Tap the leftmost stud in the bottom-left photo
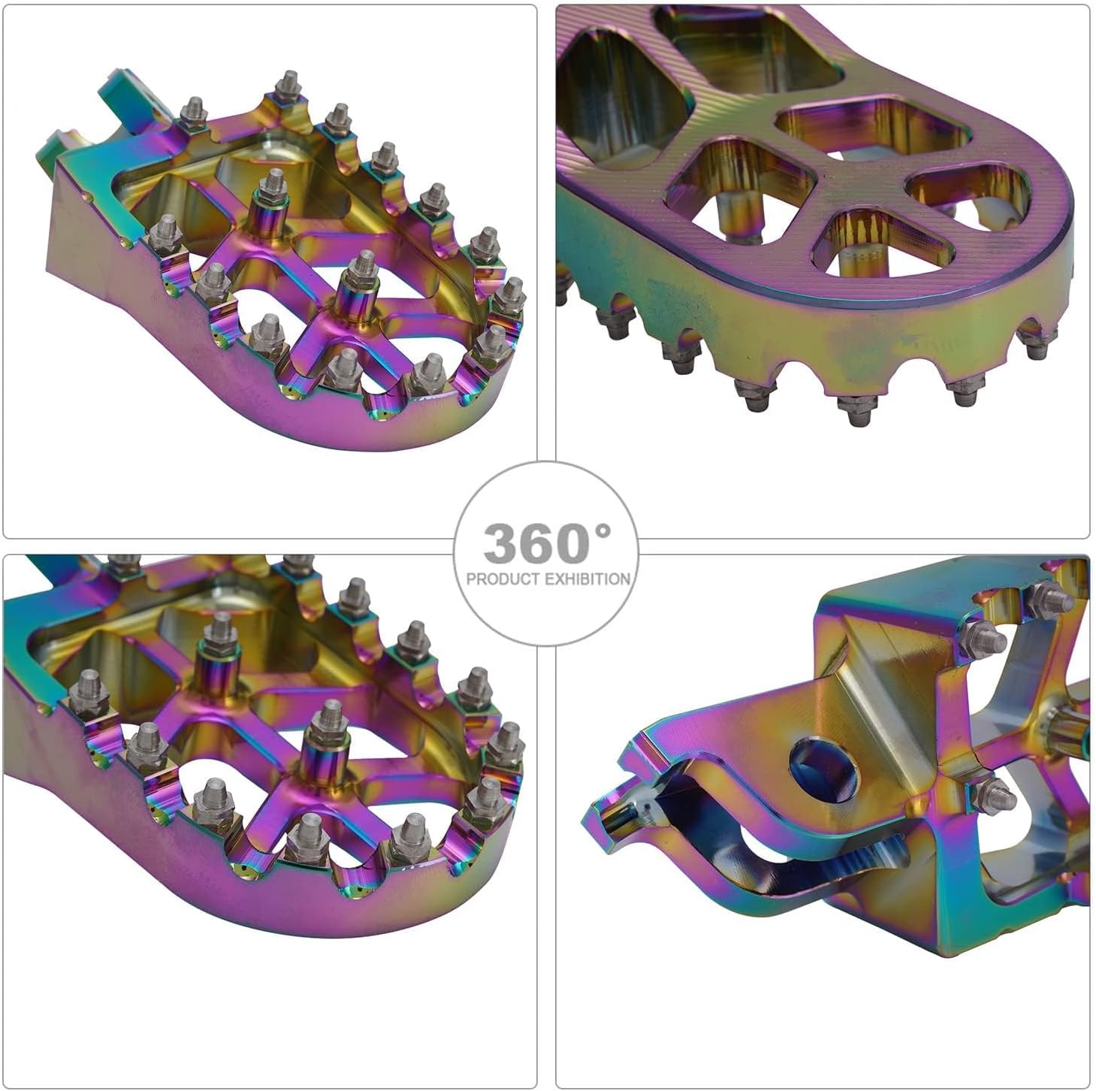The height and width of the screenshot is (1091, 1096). [x=86, y=688]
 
